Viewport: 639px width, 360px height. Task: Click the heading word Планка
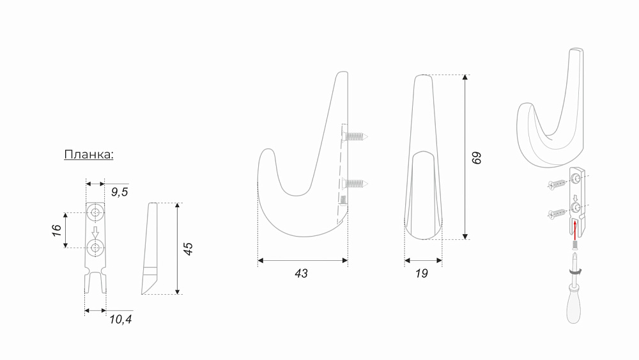point(88,155)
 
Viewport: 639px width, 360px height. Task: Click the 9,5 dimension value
point(119,192)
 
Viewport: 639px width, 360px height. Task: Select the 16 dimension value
point(57,230)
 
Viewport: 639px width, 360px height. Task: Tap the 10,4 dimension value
point(121,319)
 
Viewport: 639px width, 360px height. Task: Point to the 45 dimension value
point(188,249)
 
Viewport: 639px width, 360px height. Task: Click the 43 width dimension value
point(301,274)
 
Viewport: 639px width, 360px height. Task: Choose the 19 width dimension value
point(421,274)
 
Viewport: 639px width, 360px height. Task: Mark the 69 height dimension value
point(477,158)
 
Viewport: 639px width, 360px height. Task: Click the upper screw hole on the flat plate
point(95,212)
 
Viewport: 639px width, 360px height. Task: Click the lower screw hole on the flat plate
point(95,247)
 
